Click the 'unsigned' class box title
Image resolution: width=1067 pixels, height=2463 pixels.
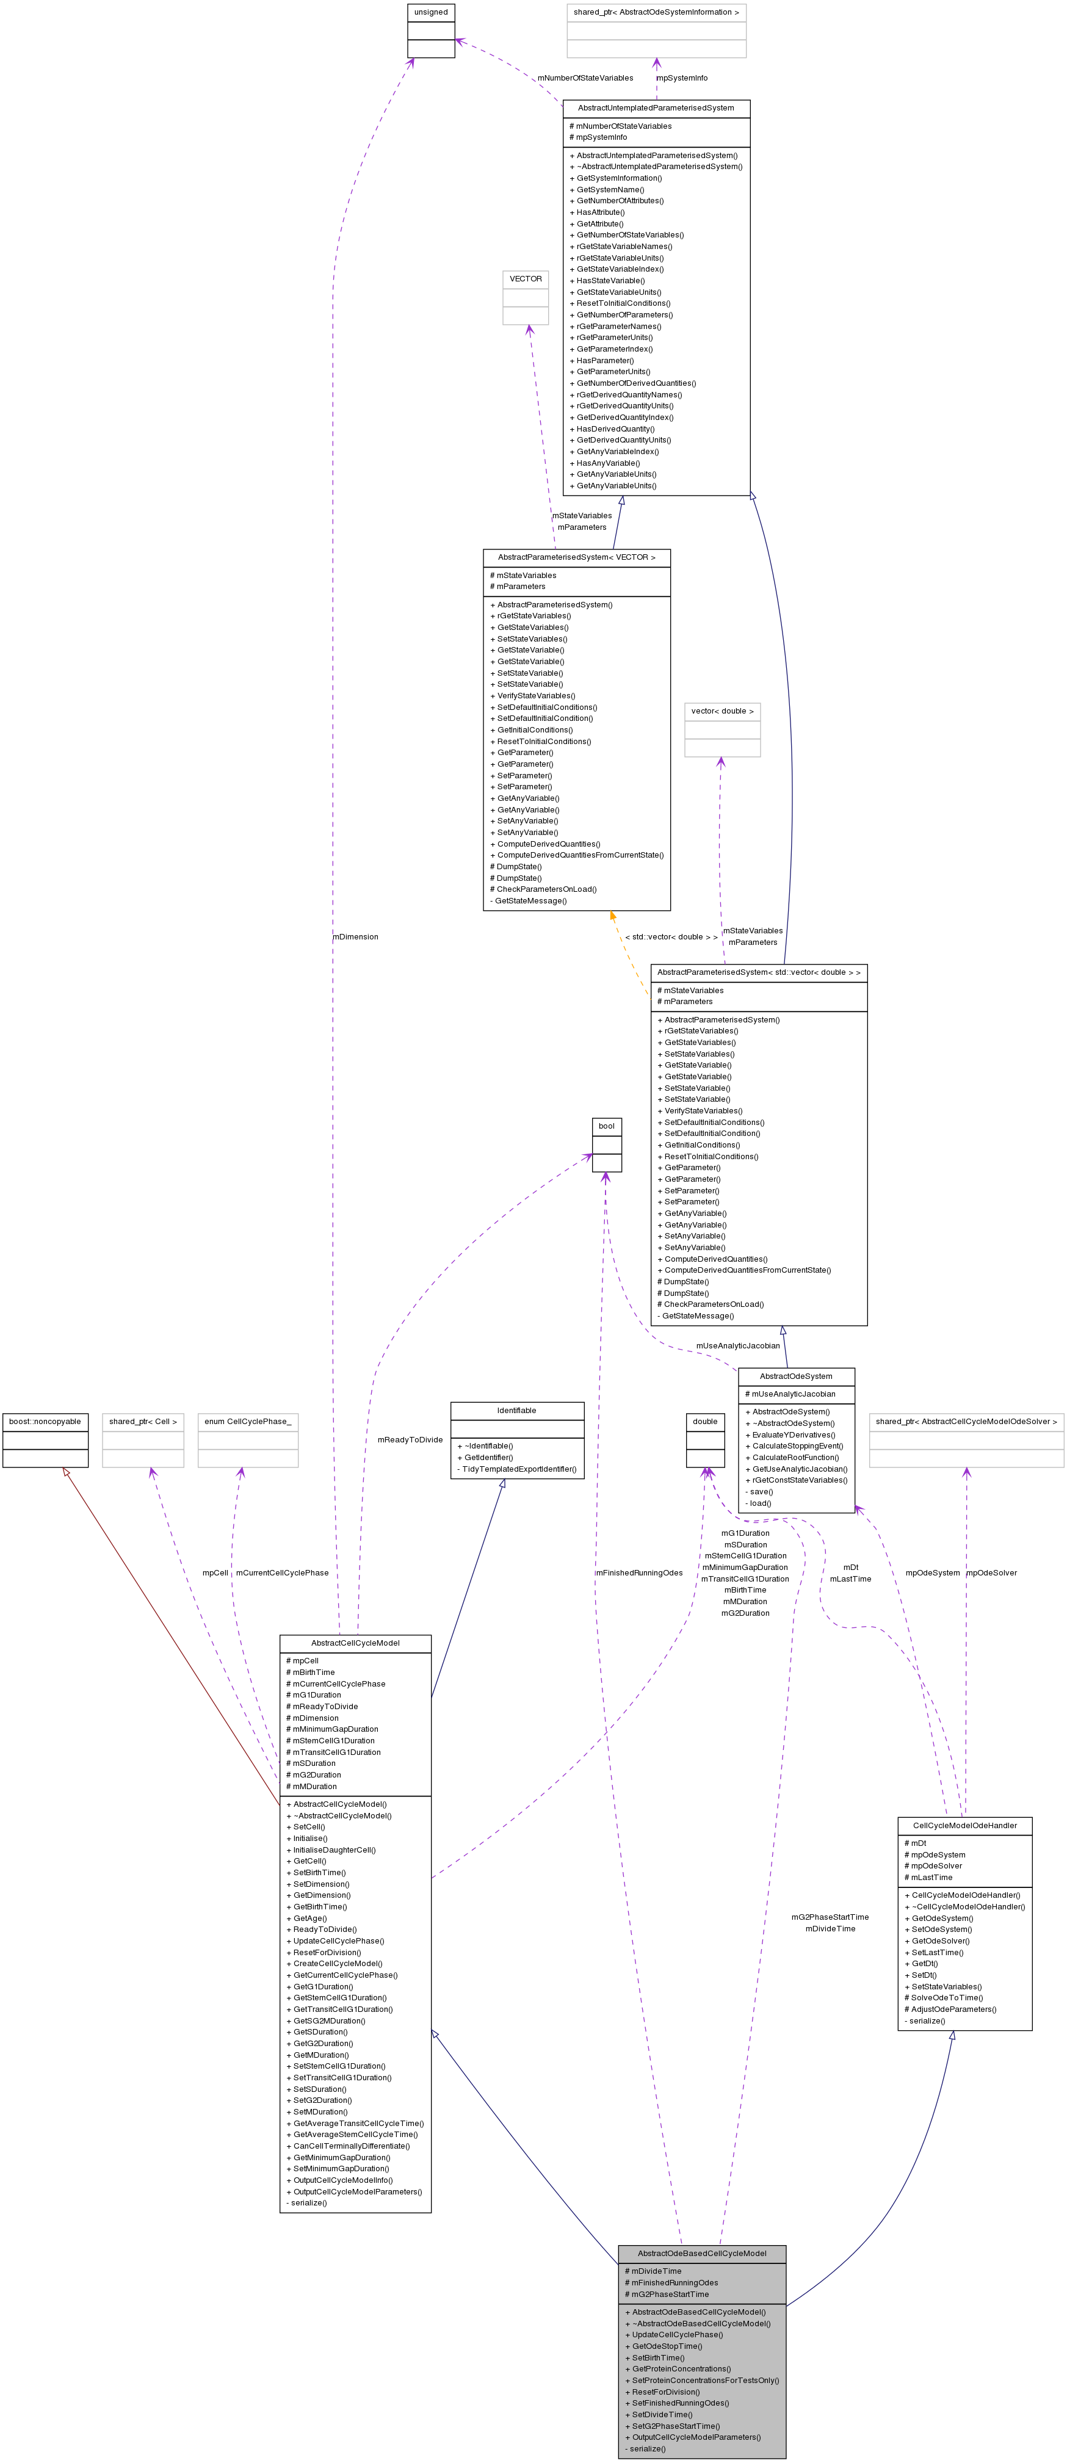pos(430,12)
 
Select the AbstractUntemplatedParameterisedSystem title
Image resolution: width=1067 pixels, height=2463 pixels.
pos(656,108)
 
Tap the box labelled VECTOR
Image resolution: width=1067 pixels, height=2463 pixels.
pos(525,279)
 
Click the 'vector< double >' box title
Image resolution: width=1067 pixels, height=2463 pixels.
pos(722,711)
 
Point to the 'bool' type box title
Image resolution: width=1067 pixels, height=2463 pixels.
pos(606,1126)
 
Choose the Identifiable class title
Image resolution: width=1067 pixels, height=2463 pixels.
pos(516,1410)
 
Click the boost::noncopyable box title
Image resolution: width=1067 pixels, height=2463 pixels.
pos(45,1422)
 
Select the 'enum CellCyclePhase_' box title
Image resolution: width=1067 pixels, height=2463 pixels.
pos(248,1422)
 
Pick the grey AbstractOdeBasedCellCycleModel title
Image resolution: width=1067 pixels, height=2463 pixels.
pos(702,2254)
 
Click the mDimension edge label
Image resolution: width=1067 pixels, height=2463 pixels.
pos(356,937)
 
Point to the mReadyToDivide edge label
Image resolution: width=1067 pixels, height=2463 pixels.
pos(410,1440)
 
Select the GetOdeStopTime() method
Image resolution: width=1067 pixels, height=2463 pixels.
pos(667,2346)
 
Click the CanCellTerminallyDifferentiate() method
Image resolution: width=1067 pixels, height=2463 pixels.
pos(351,2146)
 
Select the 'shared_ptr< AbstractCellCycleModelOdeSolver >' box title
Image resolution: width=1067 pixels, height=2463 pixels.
pos(966,1422)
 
